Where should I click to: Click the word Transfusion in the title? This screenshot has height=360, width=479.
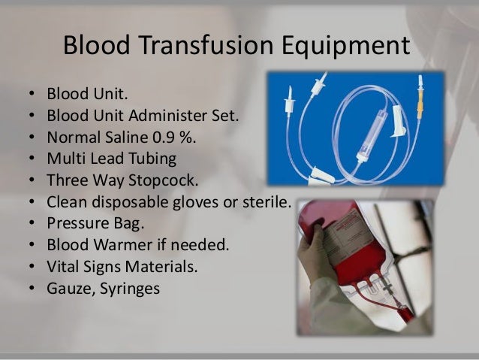click(x=197, y=46)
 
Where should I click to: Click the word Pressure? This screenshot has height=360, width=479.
click(x=77, y=223)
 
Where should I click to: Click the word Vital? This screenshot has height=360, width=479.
click(x=64, y=265)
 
